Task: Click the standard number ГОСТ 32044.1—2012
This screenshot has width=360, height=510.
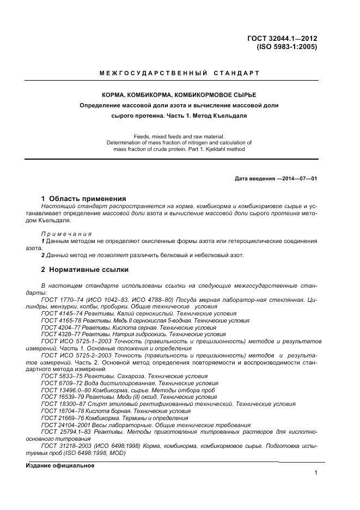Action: pos(282,39)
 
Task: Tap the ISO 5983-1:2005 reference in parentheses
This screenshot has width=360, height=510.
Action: pos(286,47)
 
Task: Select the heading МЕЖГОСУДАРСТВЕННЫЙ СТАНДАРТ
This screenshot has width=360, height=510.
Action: pos(180,73)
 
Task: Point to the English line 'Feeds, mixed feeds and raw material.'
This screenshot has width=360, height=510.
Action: pos(179,136)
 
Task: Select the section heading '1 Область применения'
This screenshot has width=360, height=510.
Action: pos(84,198)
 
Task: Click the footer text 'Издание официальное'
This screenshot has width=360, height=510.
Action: pos(60,466)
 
